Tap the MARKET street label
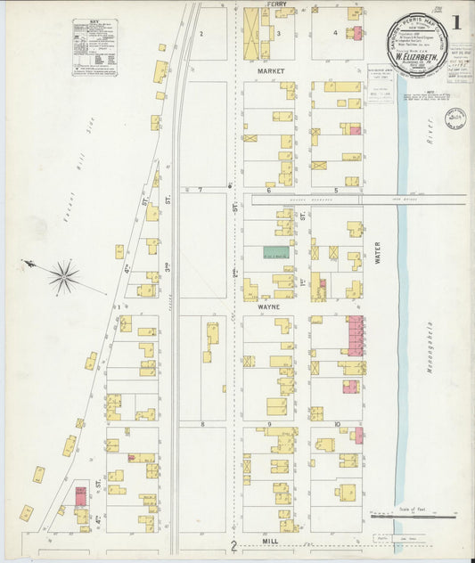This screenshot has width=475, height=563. tap(270, 69)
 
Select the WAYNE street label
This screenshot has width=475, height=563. tap(269, 306)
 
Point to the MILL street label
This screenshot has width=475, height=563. tap(270, 541)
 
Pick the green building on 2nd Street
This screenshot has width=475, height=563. tap(275, 253)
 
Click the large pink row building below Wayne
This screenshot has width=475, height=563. tap(355, 335)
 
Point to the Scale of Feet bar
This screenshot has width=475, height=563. tap(411, 516)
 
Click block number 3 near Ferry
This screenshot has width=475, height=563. tap(278, 34)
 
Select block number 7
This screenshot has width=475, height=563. tap(201, 190)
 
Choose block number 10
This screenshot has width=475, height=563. tap(337, 424)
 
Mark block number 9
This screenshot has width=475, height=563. tap(268, 424)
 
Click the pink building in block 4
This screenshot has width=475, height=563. tap(357, 34)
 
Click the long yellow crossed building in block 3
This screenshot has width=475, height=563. tap(251, 34)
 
